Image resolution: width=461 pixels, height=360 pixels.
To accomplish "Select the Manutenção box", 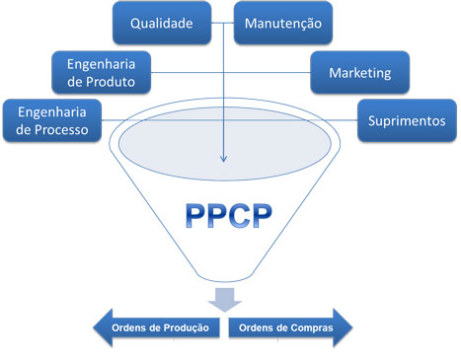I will click(283, 22).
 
